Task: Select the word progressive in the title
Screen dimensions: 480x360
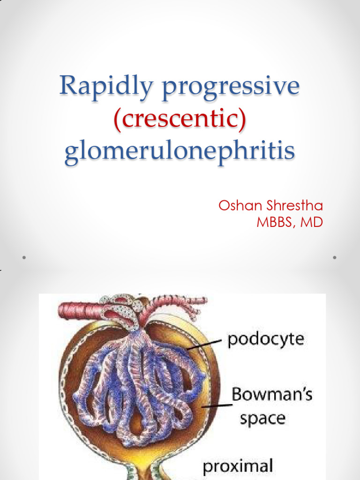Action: (x=231, y=88)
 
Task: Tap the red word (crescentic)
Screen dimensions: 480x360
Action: (x=180, y=119)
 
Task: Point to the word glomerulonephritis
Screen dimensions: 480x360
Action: (x=180, y=152)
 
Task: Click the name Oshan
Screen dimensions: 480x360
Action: (x=240, y=206)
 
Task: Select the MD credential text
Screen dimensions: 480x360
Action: (x=312, y=222)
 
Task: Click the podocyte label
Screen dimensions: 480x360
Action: (x=266, y=339)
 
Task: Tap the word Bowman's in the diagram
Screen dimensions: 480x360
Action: (x=272, y=395)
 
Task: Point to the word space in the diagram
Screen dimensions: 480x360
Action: (x=262, y=418)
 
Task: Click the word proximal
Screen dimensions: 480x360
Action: (x=238, y=466)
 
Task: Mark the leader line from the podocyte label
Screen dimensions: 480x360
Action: (x=204, y=345)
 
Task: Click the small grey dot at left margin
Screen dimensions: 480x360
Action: (x=23, y=258)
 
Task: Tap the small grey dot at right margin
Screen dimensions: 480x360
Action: (x=335, y=258)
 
